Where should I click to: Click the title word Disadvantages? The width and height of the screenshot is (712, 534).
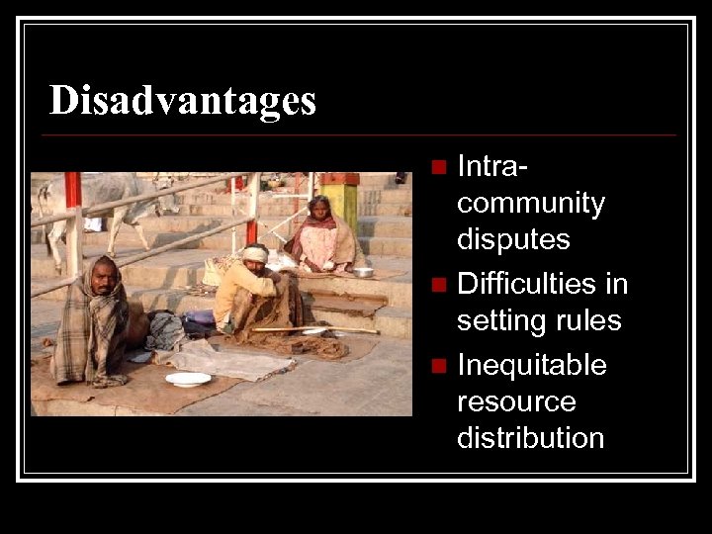[x=183, y=101]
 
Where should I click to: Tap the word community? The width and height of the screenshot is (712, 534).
[x=530, y=204]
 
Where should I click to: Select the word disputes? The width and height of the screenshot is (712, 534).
[x=513, y=239]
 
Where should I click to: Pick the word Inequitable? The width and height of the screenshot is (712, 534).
[x=531, y=365]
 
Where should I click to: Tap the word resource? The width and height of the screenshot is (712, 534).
[x=516, y=401]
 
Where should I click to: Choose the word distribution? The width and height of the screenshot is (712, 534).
[x=530, y=437]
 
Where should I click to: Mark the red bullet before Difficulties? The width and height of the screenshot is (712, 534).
[x=440, y=285]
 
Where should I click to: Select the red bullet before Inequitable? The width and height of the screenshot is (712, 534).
[x=440, y=366]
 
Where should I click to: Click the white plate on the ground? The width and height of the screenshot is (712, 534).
[x=188, y=379]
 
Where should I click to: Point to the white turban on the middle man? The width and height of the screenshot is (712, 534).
[x=255, y=254]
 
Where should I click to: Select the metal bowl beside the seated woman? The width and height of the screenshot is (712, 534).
[x=363, y=271]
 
